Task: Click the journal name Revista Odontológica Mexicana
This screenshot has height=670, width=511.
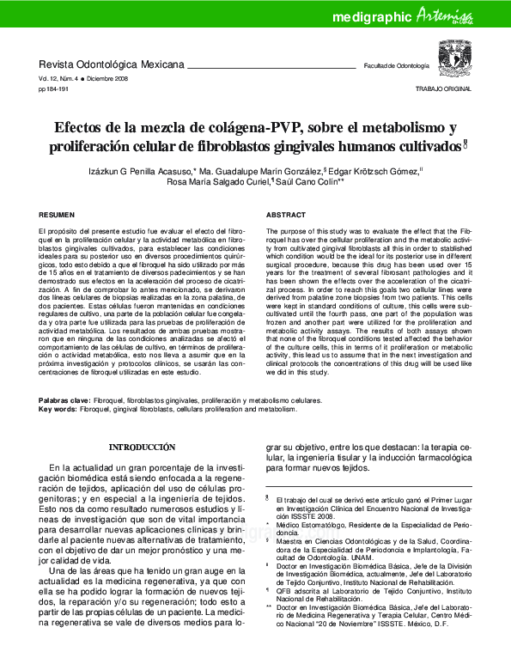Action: click(112, 65)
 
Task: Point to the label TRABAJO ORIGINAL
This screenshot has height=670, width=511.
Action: click(444, 88)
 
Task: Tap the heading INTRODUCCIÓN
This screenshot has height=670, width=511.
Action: click(143, 448)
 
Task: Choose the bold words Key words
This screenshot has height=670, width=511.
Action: click(58, 409)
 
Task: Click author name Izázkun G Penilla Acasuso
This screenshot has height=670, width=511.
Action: click(141, 171)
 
